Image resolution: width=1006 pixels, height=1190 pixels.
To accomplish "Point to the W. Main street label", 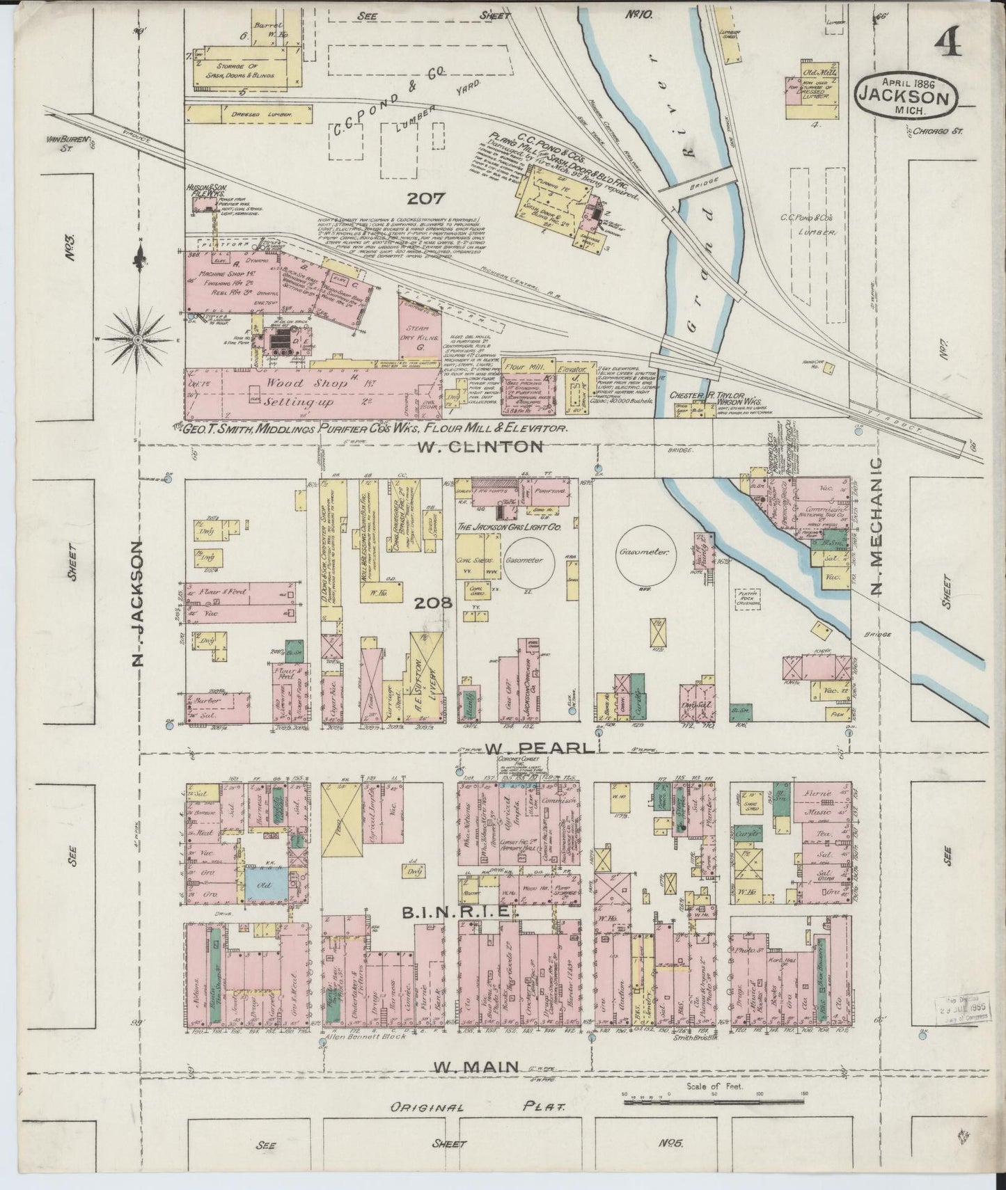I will click(x=476, y=1066).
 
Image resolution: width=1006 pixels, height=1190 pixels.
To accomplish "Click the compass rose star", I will click(x=139, y=339).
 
